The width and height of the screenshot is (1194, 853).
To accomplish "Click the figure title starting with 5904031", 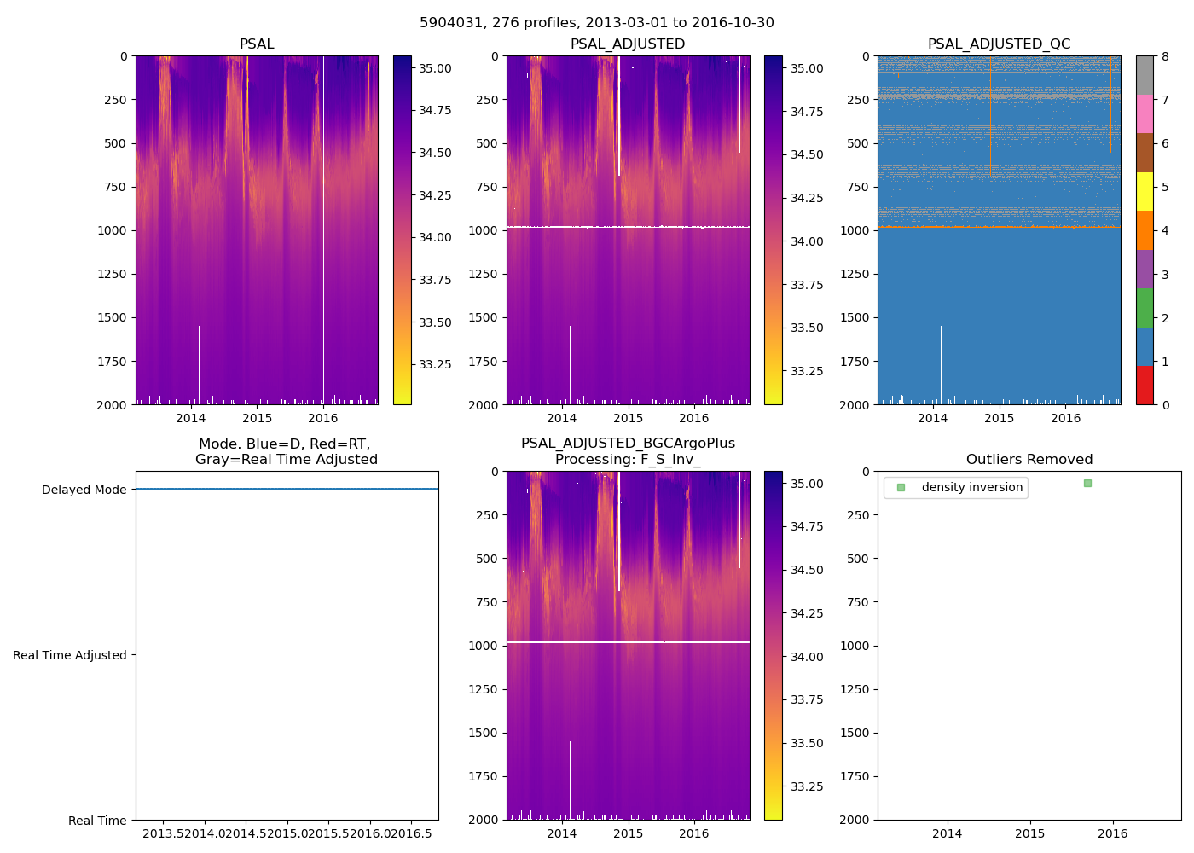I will (596, 23).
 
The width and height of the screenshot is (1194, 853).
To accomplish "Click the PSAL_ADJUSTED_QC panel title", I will (999, 44).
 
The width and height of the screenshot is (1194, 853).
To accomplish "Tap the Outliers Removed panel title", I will (1029, 460).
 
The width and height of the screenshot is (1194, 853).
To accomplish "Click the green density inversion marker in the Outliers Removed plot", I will (1087, 484).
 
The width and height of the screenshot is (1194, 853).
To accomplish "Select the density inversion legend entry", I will (971, 487).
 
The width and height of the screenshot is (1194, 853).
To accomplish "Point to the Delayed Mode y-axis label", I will (84, 490).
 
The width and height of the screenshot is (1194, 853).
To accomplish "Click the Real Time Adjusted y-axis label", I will (70, 655).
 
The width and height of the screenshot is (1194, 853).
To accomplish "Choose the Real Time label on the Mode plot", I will (97, 821).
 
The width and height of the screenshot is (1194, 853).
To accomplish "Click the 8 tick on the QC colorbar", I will (1165, 56).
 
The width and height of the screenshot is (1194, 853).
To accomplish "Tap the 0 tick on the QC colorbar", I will (1165, 404).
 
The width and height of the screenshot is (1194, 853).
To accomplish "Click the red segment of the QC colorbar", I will (1145, 385).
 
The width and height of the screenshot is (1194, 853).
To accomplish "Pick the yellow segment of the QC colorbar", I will (1145, 191).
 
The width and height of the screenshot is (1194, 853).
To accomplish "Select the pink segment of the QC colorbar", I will (1145, 113).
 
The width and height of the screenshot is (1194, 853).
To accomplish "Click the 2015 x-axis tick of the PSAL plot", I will (257, 418).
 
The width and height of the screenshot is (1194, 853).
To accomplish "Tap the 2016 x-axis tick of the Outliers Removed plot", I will (1112, 833).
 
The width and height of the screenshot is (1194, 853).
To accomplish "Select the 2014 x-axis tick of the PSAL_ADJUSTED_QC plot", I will (933, 418).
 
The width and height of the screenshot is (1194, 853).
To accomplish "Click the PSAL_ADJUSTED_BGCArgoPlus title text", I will (628, 444).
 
